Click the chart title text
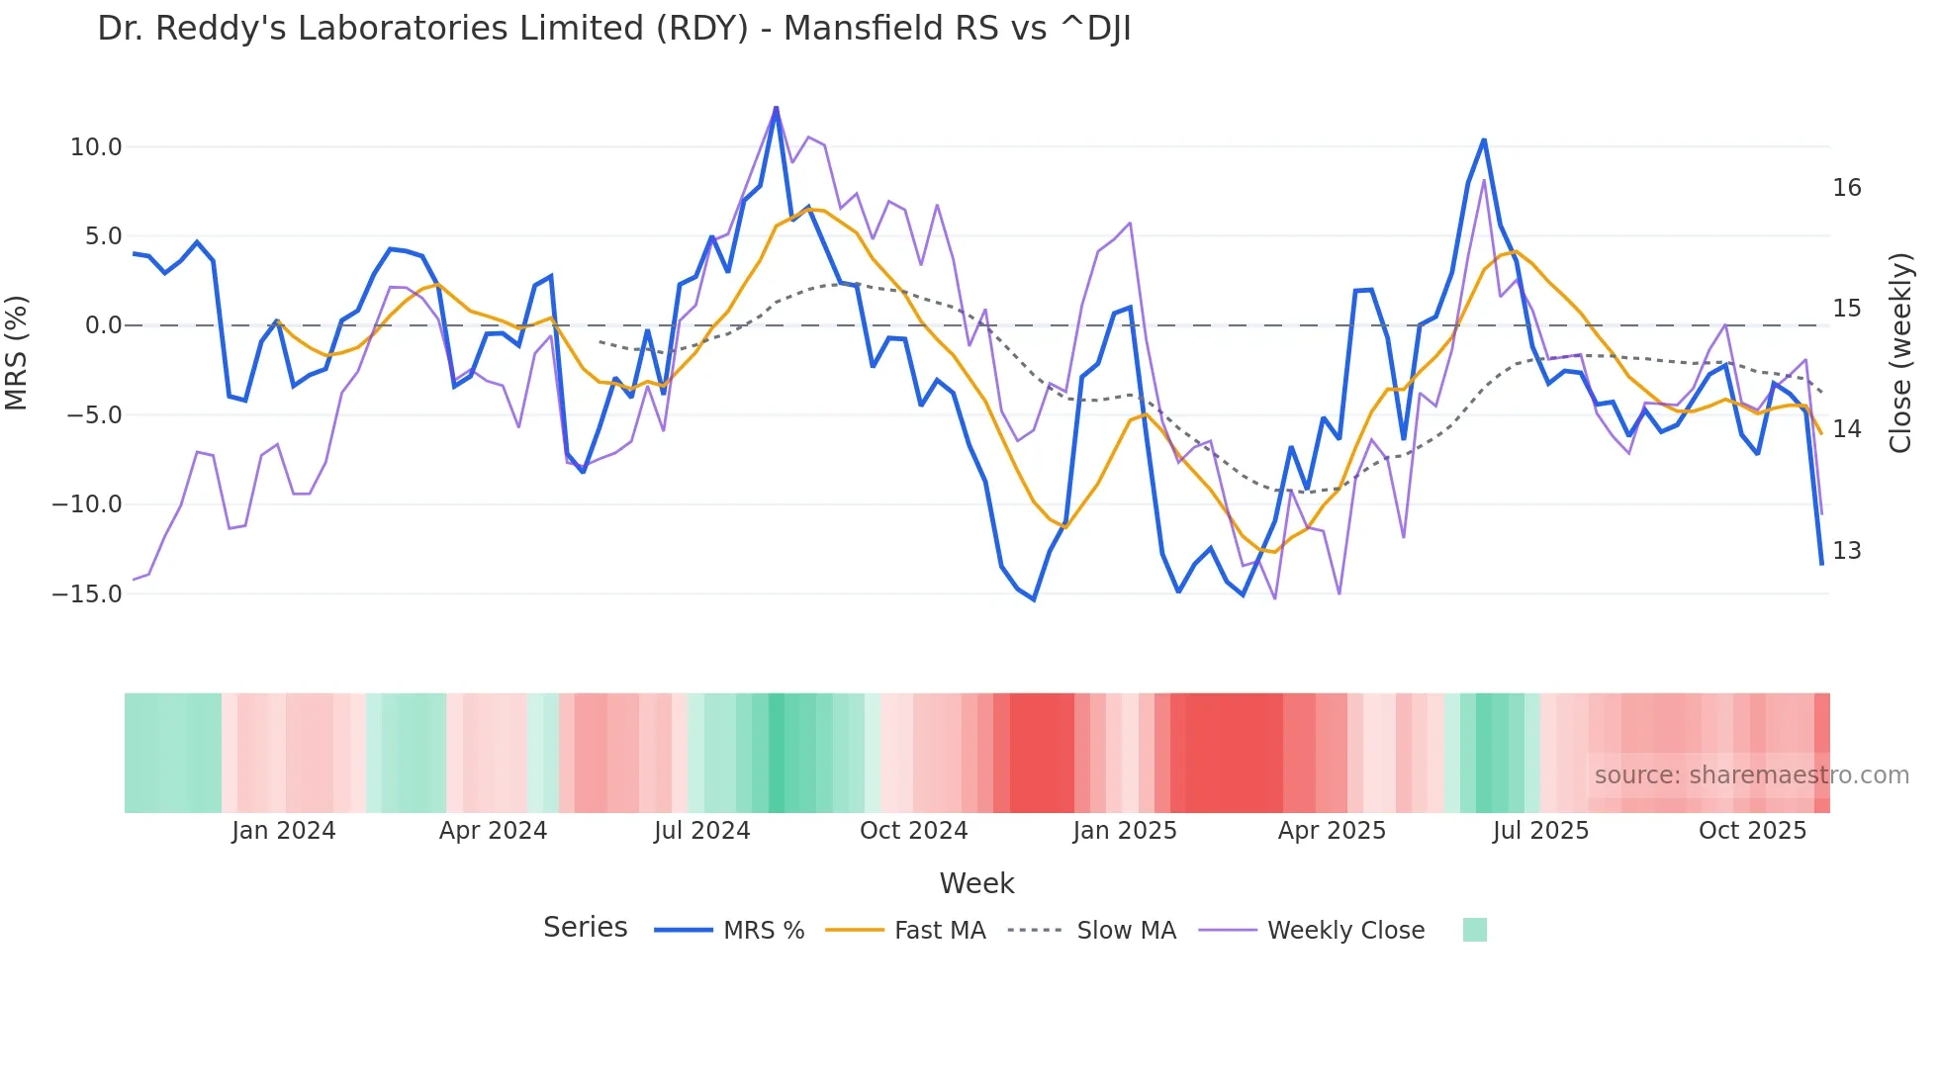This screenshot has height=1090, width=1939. click(613, 29)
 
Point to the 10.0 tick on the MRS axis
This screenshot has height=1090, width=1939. click(96, 147)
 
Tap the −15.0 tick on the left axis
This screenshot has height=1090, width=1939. click(88, 594)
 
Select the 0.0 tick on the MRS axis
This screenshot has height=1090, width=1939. click(103, 325)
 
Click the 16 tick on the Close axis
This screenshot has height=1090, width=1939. click(1846, 188)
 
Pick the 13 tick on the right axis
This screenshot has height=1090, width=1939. click(1846, 551)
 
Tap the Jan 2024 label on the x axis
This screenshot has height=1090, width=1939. click(284, 831)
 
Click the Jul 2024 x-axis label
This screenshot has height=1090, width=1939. click(702, 831)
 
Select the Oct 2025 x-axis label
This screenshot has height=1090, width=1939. click(1752, 831)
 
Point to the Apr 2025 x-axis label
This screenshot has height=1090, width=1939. click(1332, 831)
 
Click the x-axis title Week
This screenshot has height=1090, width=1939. click(976, 883)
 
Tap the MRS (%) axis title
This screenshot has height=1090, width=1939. click(17, 352)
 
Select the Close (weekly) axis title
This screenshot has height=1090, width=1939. click(1900, 353)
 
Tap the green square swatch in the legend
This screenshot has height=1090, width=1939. click(1474, 930)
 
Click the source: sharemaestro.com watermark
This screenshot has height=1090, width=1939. click(1751, 775)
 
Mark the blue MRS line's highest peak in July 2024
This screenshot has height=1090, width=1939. click(777, 107)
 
